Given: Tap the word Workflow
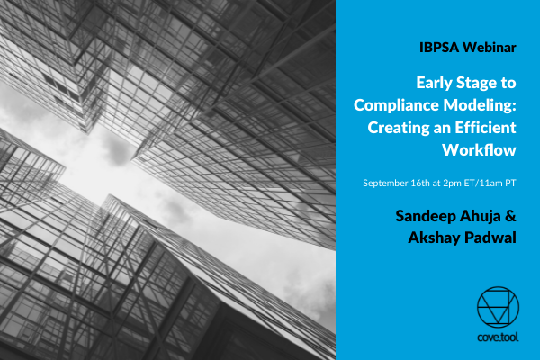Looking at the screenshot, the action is point(479,150).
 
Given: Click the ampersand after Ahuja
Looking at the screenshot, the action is point(510,216).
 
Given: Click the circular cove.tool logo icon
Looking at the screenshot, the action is point(498,307).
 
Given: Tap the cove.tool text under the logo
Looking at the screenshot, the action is point(498,337).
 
